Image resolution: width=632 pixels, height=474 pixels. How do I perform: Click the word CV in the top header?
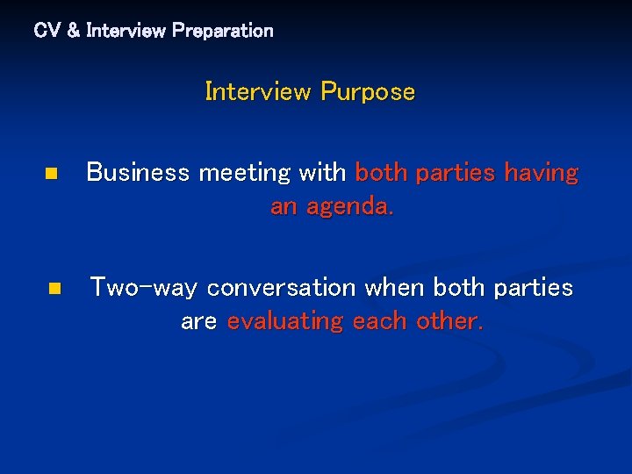(x=46, y=31)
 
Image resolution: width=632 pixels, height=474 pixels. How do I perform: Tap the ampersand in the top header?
(x=72, y=31)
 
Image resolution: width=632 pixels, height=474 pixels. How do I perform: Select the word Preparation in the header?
(x=223, y=31)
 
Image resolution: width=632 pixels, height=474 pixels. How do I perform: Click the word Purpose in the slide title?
(x=368, y=91)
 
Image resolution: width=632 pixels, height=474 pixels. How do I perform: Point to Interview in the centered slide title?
(x=258, y=91)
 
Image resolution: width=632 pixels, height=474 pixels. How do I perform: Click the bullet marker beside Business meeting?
(x=52, y=174)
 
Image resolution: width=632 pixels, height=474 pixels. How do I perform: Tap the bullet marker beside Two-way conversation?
(x=54, y=288)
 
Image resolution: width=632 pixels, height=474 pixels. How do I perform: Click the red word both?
(x=382, y=173)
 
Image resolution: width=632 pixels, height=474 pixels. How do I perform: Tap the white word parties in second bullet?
(x=534, y=288)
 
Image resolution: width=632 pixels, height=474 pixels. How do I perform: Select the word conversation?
(x=282, y=288)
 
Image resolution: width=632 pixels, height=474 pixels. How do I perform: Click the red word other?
(x=449, y=321)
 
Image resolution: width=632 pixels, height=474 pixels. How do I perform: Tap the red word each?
(x=380, y=321)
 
